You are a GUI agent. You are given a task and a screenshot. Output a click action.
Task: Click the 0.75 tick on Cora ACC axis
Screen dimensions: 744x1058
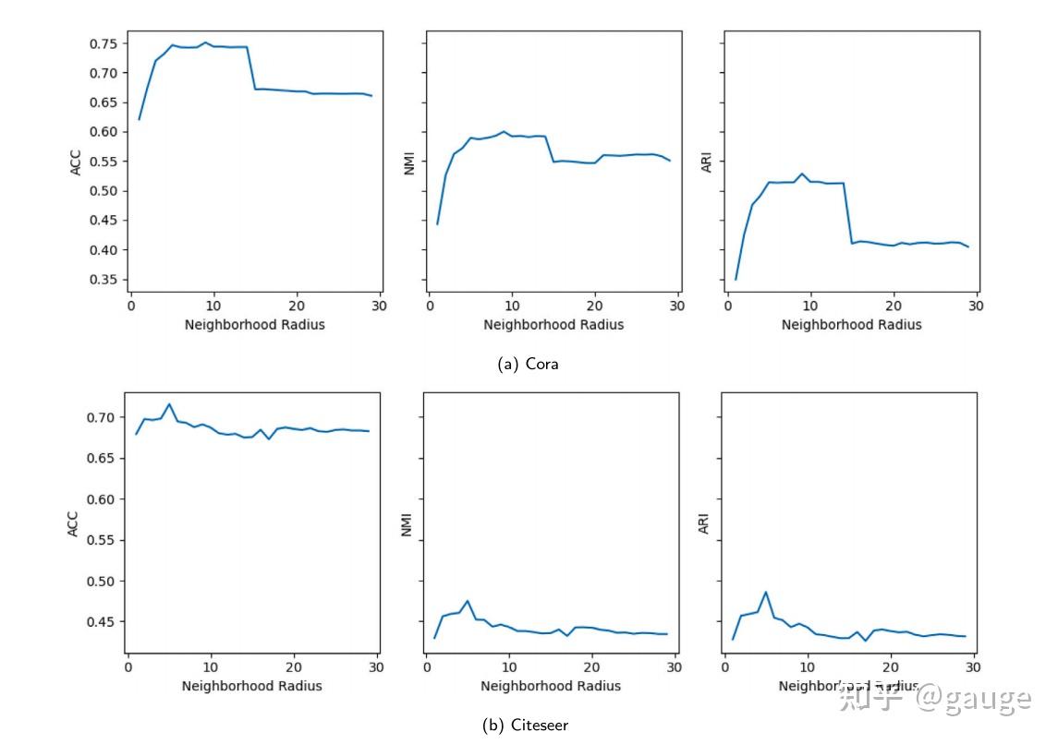103,43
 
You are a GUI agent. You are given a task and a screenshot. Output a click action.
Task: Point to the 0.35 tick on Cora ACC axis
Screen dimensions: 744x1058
103,280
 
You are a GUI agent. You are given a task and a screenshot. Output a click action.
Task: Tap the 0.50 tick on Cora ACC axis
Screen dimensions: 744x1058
103,191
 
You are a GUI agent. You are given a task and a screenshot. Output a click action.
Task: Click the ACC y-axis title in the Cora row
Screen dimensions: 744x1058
76,162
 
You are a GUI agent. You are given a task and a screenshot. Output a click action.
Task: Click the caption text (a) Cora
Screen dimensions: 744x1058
528,364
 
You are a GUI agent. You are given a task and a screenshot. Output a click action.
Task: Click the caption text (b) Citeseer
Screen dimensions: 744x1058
525,725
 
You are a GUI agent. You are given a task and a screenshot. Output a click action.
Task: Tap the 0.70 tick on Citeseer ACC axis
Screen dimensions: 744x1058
101,417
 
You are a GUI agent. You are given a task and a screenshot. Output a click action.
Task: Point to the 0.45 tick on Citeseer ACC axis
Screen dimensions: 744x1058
101,622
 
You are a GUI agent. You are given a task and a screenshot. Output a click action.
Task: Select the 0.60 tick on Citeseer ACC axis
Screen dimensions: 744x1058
101,499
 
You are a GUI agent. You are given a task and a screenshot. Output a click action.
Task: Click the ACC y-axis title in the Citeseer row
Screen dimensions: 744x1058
73,523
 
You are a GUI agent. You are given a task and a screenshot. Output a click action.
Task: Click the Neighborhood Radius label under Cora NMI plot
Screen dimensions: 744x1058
553,325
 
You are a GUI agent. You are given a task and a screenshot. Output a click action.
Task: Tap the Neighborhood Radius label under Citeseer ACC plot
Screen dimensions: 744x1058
252,686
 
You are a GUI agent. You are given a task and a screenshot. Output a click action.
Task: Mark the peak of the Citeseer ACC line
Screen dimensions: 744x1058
169,403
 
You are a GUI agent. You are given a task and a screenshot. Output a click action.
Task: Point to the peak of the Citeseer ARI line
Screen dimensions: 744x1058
766,592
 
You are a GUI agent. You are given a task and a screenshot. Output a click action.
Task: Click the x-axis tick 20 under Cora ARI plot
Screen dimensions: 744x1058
894,306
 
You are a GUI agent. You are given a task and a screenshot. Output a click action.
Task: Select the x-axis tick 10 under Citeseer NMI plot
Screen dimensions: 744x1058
508,666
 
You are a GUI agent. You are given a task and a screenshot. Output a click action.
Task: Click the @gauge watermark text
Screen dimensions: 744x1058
972,698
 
